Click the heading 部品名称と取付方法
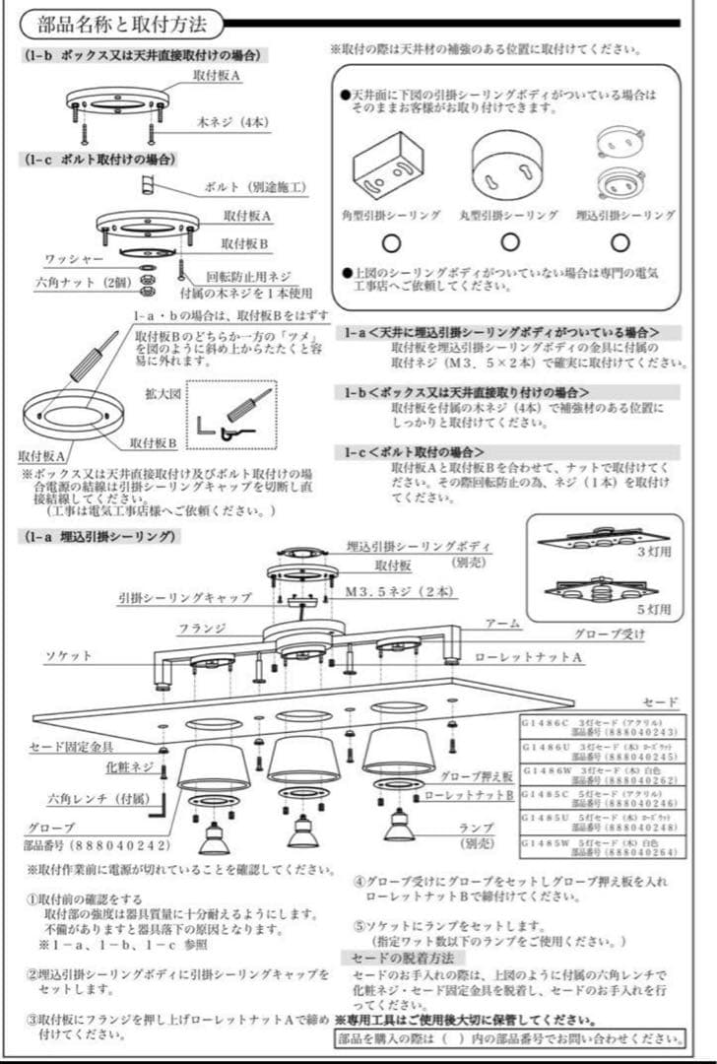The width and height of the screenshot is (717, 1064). pos(122,24)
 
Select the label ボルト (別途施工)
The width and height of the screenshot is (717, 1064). pos(254,185)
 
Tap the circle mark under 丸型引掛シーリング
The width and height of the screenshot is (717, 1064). pos(509,242)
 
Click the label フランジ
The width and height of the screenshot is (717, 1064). pos(204,628)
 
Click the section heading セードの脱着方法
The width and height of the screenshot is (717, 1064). pos(397,958)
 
